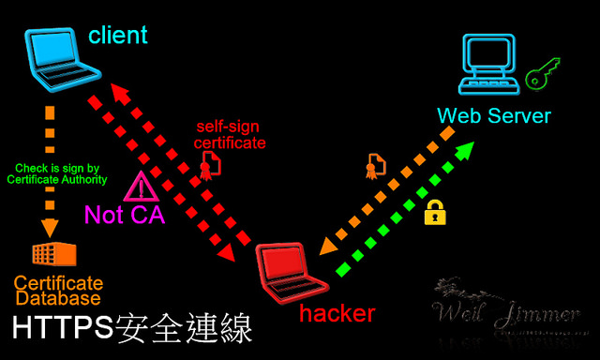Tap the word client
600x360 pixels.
tap(118, 36)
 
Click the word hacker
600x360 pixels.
tap(337, 313)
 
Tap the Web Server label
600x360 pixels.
tap(494, 116)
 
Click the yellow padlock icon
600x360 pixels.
tap(434, 212)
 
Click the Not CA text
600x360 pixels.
tap(125, 215)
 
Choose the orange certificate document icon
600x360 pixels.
tap(375, 166)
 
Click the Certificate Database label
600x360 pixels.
tap(58, 291)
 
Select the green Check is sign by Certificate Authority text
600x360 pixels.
tap(61, 173)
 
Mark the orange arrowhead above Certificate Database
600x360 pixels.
tap(50, 227)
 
